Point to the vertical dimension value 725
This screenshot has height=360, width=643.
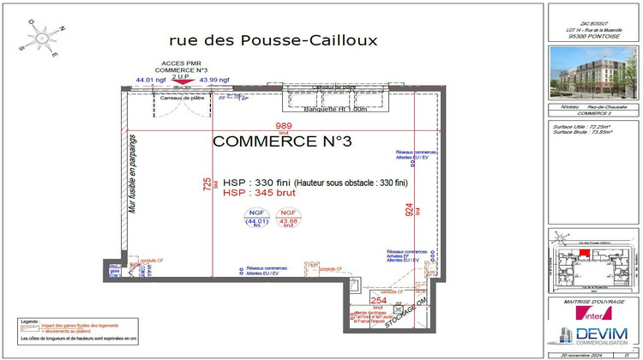pyautogui.click(x=206, y=184)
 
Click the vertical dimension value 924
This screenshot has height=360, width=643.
pyautogui.click(x=410, y=207)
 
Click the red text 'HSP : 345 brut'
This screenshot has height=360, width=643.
pyautogui.click(x=259, y=195)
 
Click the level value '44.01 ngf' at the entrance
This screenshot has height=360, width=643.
pyautogui.click(x=149, y=80)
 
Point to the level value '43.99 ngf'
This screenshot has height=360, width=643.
pyautogui.click(x=213, y=80)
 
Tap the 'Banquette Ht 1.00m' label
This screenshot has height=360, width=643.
pyautogui.click(x=335, y=109)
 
